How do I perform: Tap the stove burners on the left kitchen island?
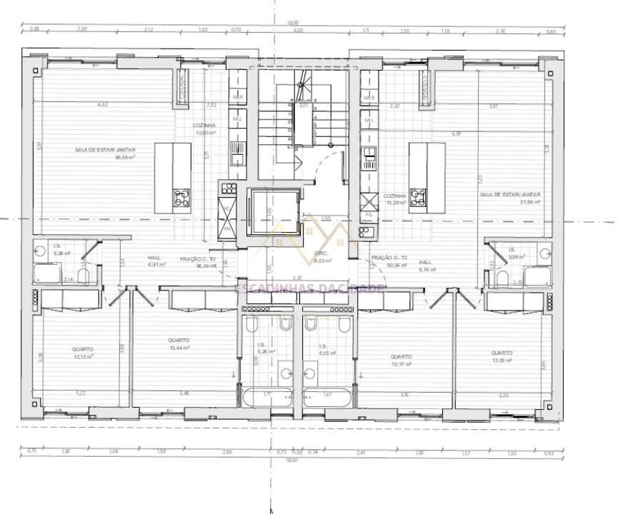tap(181, 198)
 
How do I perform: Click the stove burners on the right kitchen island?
tap(418, 198)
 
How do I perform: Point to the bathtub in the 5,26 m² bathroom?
tap(266, 397)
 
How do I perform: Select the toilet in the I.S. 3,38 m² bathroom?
tap(84, 275)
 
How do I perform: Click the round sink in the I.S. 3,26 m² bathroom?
tap(544, 253)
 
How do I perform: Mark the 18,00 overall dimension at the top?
tap(292, 22)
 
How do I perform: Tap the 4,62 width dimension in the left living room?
tap(103, 106)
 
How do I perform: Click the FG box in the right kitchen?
tap(369, 213)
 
